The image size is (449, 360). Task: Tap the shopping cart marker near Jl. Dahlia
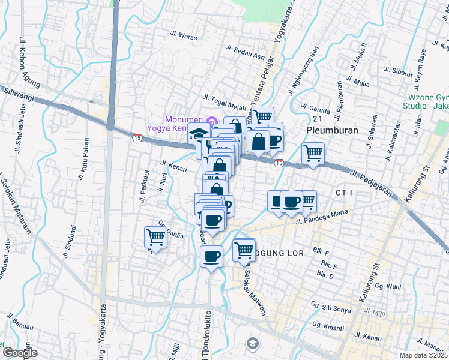[x=155, y=238]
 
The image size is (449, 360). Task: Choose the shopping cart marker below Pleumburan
[x=313, y=154]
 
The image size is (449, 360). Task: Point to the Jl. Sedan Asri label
[x=246, y=53]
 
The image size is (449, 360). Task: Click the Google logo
[x=20, y=353]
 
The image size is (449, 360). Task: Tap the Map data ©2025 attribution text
[x=424, y=355]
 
